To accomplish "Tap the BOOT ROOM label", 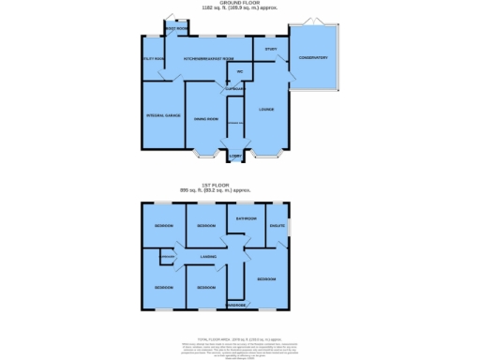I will pyautogui.click(x=175, y=29).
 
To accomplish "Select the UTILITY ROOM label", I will pyautogui.click(x=153, y=58).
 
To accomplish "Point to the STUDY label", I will pyautogui.click(x=271, y=48).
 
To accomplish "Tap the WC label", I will pyautogui.click(x=240, y=71).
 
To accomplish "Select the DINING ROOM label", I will pyautogui.click(x=206, y=119).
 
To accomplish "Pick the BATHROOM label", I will pyautogui.click(x=245, y=217).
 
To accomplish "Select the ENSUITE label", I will pyautogui.click(x=277, y=224).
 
